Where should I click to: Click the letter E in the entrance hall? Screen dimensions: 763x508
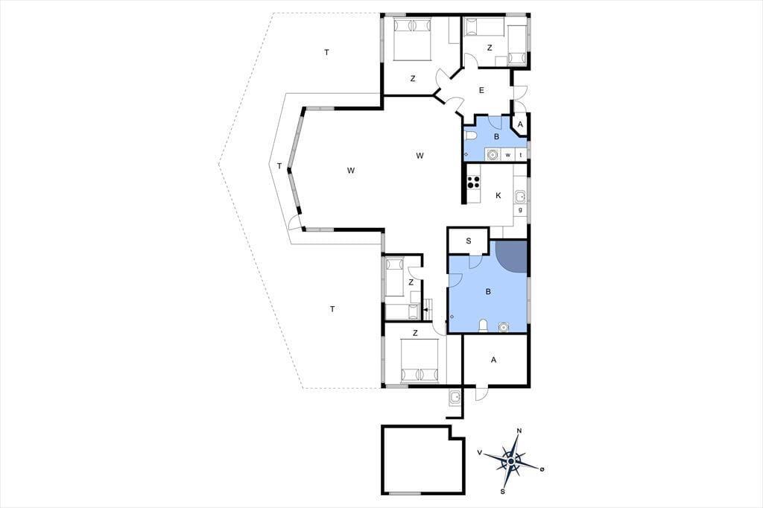click(x=481, y=90)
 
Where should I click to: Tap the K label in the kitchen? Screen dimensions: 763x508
click(x=498, y=196)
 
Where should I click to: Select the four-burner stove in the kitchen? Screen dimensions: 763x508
click(x=473, y=182)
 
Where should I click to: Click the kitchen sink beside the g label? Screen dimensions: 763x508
click(x=521, y=197)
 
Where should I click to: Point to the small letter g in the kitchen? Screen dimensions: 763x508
click(x=521, y=210)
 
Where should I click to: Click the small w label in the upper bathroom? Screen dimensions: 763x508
click(x=508, y=155)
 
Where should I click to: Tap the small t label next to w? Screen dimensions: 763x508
click(x=521, y=155)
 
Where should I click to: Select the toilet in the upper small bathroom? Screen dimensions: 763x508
click(x=470, y=136)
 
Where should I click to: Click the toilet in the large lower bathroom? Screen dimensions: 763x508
click(x=484, y=326)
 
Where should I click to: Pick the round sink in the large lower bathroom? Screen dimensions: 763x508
click(x=503, y=327)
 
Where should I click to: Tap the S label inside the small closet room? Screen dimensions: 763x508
click(x=469, y=241)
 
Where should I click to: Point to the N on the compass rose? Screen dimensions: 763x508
click(x=519, y=431)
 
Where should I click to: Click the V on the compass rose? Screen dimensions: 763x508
click(x=480, y=453)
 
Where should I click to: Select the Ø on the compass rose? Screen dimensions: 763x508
click(x=542, y=469)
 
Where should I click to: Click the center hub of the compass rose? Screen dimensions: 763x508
click(x=511, y=461)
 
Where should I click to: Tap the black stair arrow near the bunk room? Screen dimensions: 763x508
click(x=425, y=309)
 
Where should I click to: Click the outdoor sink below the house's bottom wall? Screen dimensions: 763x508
click(x=455, y=398)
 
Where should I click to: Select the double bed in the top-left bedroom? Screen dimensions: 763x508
click(x=413, y=39)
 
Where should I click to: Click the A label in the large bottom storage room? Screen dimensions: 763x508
click(x=494, y=360)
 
